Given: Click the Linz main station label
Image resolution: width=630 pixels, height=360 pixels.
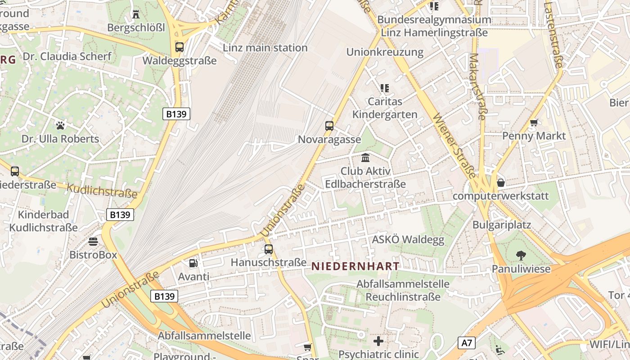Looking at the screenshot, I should pos(265,48).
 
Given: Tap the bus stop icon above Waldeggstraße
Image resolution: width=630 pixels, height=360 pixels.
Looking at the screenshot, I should pos(180,47).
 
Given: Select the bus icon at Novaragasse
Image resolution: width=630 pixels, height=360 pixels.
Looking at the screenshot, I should pos(329,126).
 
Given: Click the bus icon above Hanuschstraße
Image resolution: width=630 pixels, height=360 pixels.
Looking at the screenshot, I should pos(269,249).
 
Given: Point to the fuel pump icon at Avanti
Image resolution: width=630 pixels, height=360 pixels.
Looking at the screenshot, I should pos(193,263).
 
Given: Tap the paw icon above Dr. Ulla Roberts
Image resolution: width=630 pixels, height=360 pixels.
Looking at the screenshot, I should pos(60,125).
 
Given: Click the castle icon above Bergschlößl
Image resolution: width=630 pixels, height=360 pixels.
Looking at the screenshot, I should pos(136,14).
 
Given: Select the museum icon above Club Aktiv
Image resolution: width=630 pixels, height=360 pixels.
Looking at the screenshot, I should pos(365,158).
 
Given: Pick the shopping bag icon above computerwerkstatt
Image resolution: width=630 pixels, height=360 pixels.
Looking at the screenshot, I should pos(500,183).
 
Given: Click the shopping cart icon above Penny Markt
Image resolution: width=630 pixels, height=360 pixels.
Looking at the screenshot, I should pos(534,122).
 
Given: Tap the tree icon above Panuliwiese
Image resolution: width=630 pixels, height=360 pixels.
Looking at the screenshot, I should pos(521,256).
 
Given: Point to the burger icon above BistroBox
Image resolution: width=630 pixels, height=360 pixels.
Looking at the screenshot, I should pos(93,242).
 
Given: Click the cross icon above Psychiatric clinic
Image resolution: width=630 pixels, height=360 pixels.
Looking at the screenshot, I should pos(378,341).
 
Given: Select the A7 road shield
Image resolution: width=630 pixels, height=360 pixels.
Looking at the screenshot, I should pos(467,343).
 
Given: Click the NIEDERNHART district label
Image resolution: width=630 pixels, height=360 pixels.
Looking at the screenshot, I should pos(355,266).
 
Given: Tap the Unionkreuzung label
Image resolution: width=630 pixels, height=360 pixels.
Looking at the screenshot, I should pos(385,52).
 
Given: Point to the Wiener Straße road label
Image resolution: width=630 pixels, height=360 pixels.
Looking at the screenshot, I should pos(454,146).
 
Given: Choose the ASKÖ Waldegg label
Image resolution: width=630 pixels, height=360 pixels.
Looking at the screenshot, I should pos(408,239).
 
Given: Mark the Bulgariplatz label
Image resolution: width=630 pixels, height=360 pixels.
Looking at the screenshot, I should pos(502,225).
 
